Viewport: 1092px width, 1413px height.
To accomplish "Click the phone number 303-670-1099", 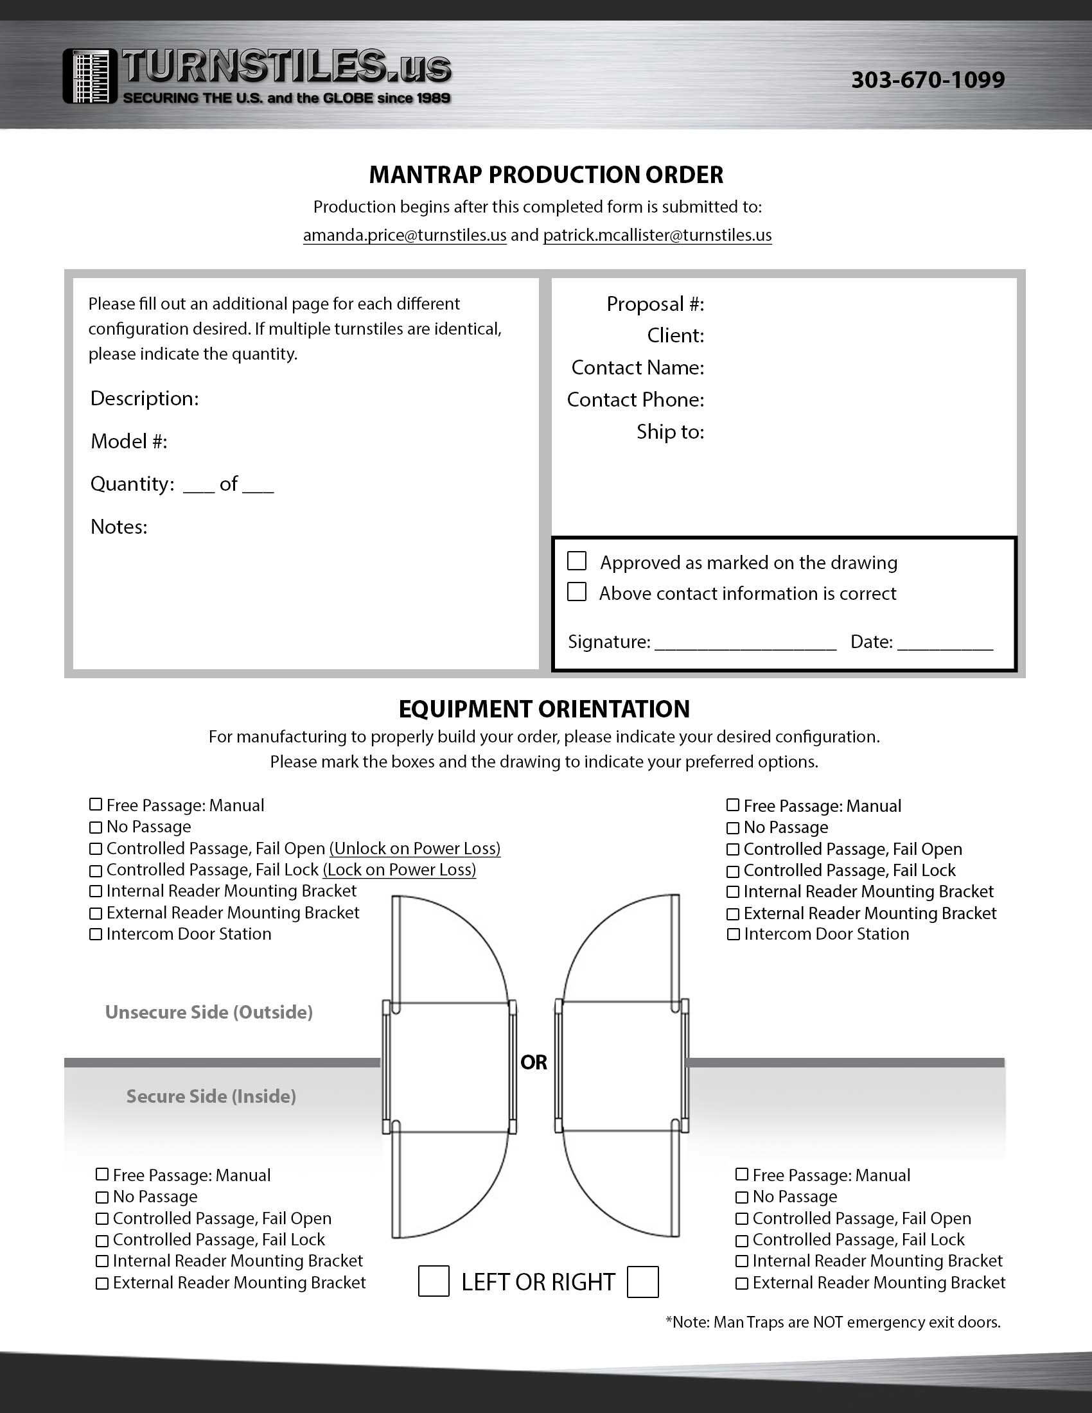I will coord(928,80).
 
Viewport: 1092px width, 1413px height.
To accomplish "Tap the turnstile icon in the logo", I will coord(90,76).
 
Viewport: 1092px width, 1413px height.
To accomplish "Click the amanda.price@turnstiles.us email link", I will coord(404,235).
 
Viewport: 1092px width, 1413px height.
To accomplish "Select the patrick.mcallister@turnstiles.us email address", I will coord(657,235).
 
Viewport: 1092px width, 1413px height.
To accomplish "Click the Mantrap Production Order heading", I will coord(546,175).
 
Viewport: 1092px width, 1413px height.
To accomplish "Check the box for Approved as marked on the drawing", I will coord(576,561).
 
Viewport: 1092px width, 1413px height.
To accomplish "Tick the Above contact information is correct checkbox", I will coord(576,592).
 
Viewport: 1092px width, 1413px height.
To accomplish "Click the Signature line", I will coord(745,643).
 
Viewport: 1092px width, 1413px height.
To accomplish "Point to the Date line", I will coord(944,643).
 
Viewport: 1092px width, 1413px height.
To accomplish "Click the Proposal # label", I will coord(655,304).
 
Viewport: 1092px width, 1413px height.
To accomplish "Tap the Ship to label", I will coord(670,432).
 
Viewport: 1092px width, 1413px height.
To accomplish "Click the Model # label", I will coord(128,441).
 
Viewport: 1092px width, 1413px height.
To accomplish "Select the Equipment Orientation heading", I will coord(544,709).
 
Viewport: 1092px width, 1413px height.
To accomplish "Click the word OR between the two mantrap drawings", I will coord(534,1062).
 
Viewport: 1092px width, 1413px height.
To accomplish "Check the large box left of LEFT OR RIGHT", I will coord(434,1282).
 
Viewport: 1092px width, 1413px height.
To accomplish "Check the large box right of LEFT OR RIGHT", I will coord(642,1282).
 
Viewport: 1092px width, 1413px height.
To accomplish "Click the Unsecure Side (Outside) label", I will coord(209,1012).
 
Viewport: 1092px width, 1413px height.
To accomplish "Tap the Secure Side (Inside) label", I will coord(211,1096).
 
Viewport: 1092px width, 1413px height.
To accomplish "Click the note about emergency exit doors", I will coord(833,1322).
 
